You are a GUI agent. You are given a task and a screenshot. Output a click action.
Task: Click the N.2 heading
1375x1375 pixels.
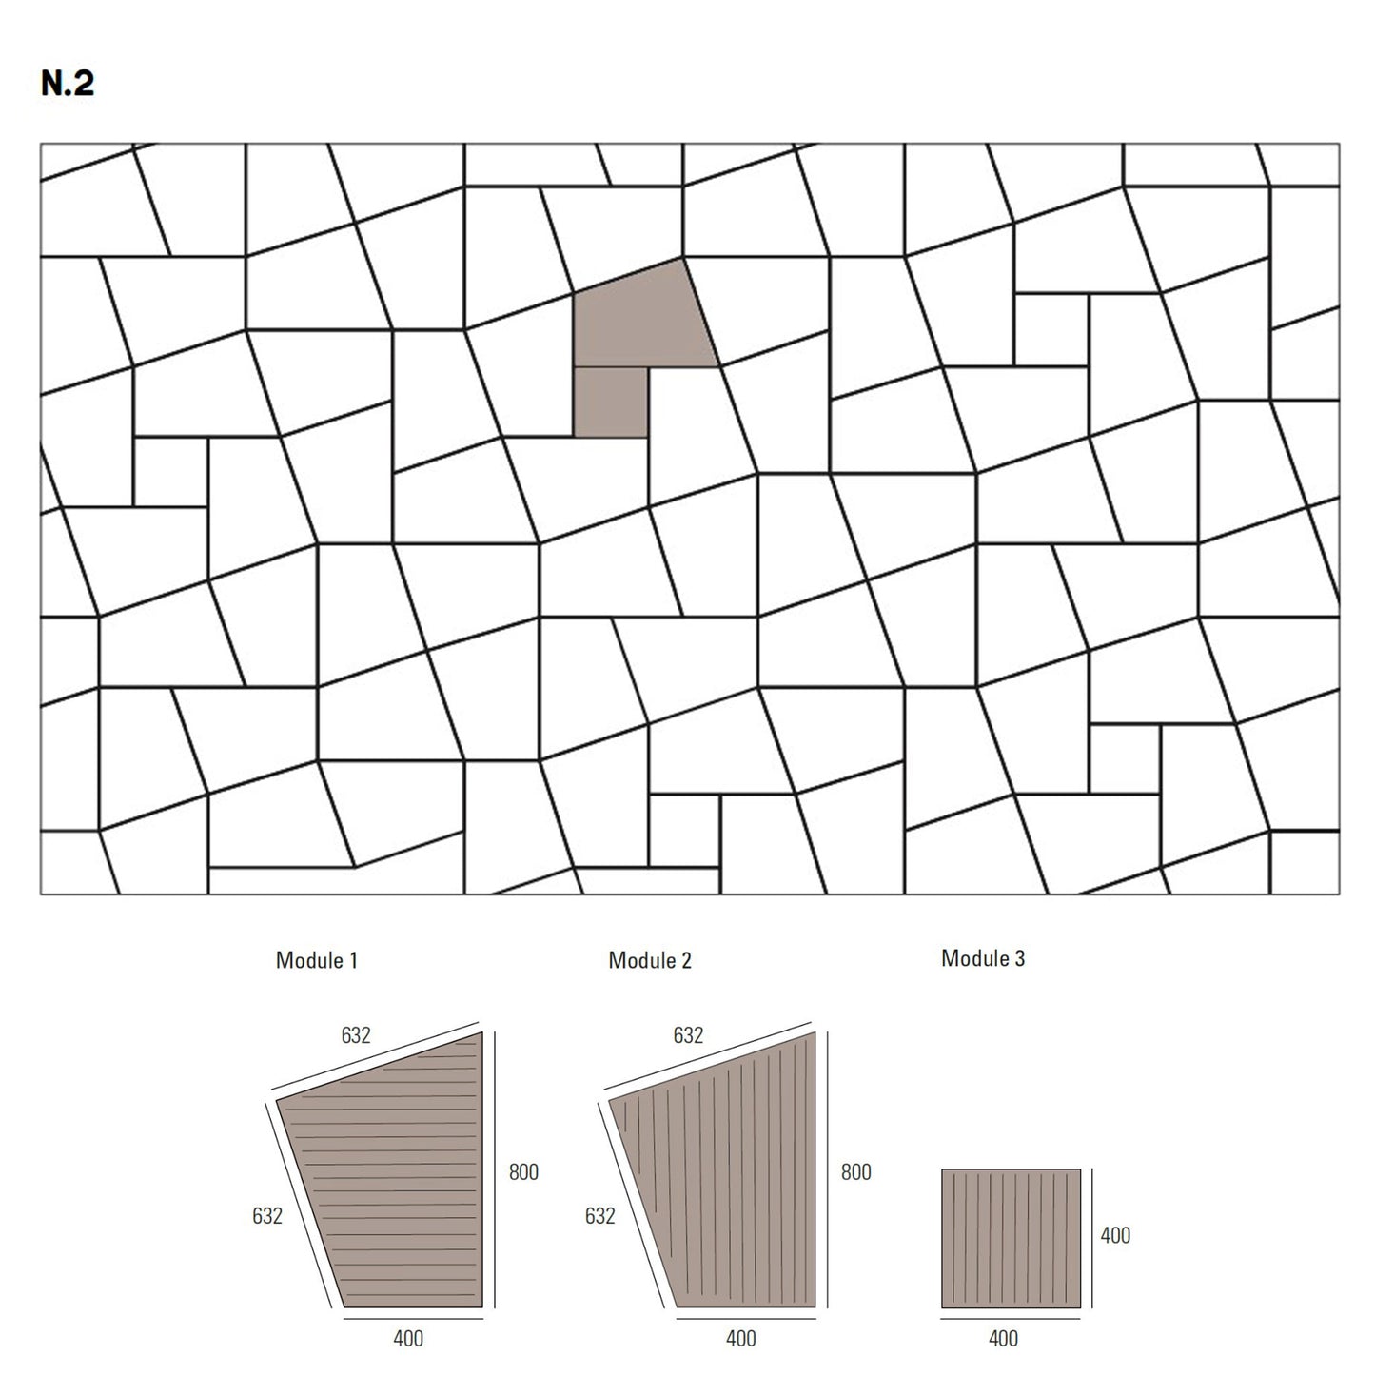68,84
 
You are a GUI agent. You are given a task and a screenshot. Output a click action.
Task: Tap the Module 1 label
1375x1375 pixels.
316,960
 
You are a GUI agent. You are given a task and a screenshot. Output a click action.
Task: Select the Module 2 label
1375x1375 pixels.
649,960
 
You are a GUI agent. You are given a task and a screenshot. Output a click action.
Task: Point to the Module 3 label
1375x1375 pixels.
983,958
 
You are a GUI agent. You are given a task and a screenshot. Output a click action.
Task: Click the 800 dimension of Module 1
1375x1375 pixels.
523,1172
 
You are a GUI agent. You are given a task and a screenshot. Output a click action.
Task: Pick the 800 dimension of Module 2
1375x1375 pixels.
855,1172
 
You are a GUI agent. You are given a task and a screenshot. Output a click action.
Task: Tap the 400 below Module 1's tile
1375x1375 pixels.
408,1339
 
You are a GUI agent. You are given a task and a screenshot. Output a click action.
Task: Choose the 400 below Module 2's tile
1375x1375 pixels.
740,1339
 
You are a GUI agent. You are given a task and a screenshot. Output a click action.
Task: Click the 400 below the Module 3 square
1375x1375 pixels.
1003,1339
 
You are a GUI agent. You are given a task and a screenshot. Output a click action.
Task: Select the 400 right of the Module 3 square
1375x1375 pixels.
1115,1235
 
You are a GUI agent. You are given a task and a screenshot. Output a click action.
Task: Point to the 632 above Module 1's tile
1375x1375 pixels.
355,1034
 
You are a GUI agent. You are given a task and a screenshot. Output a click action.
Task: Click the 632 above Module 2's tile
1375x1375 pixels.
688,1034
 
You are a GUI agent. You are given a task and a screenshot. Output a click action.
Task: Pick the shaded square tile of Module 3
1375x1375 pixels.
1012,1239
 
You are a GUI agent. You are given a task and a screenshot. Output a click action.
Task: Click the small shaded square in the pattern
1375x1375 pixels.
611,401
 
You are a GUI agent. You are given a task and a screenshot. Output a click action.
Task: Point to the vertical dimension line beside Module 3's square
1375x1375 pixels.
1092,1239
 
